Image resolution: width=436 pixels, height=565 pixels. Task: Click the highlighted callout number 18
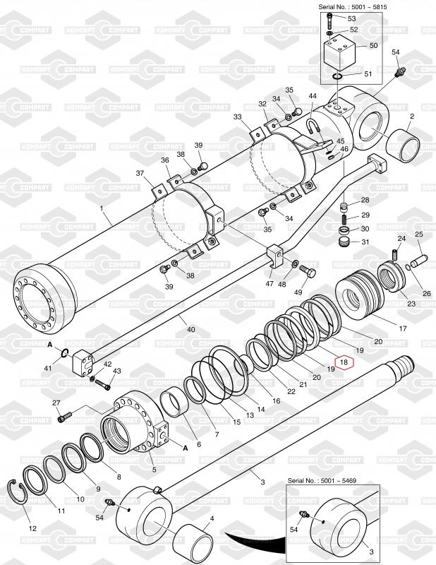click(344, 362)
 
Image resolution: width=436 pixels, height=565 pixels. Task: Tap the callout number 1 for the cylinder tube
click(102, 208)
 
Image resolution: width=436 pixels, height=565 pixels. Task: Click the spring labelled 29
click(345, 218)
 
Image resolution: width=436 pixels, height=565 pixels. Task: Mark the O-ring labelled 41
click(63, 354)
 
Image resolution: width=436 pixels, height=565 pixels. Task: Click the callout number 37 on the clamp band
click(140, 174)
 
